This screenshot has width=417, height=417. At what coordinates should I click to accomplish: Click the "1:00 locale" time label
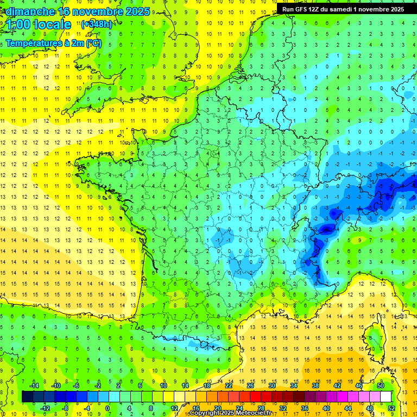tap(39, 24)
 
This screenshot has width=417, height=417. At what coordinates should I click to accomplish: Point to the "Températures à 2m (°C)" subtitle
tap(53, 43)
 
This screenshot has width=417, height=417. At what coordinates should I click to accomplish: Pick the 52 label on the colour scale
tap(391, 408)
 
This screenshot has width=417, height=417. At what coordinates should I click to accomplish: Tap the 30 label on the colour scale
tap(271, 386)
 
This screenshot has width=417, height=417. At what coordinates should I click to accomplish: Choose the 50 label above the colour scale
tap(380, 386)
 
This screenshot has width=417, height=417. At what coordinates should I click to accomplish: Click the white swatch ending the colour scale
tap(386, 397)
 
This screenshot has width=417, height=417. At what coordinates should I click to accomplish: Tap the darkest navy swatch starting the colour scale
tap(27, 397)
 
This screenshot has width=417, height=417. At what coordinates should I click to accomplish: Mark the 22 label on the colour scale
tap(229, 386)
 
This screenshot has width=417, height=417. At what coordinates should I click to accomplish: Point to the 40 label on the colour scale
tap(326, 408)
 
